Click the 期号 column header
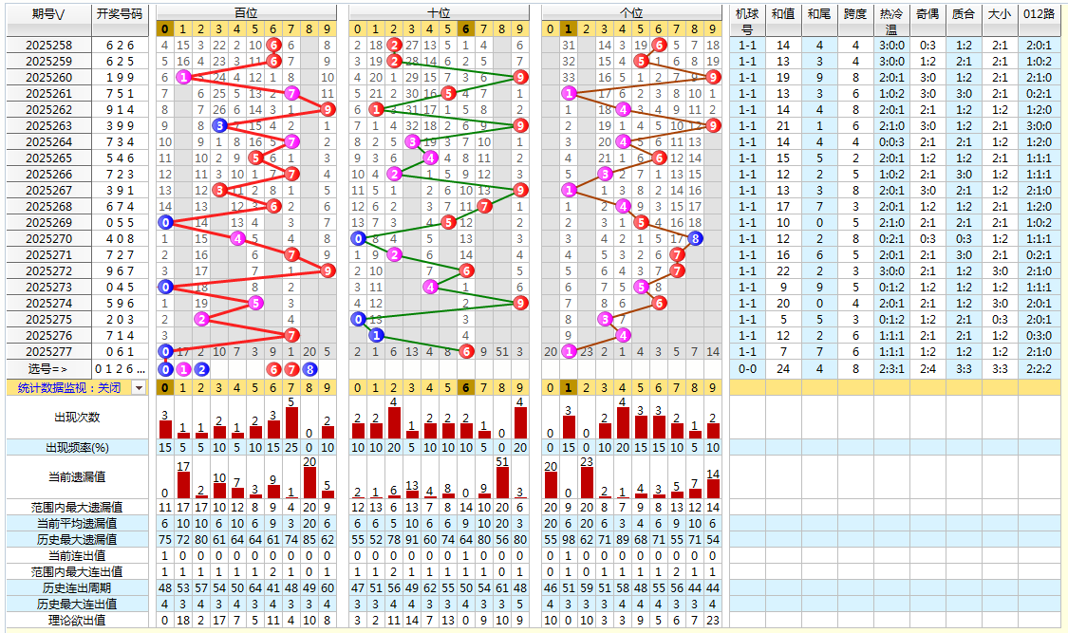tap(48, 13)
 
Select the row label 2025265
tap(48, 158)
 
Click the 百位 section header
tap(245, 13)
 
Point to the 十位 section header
tap(439, 13)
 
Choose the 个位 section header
tap(631, 13)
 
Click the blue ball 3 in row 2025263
tap(219, 125)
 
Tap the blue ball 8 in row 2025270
tap(695, 238)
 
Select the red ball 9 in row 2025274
tap(520, 303)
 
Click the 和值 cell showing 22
tap(783, 270)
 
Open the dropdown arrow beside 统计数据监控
tap(139, 387)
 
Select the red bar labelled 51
tap(502, 482)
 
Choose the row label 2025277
tap(48, 351)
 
